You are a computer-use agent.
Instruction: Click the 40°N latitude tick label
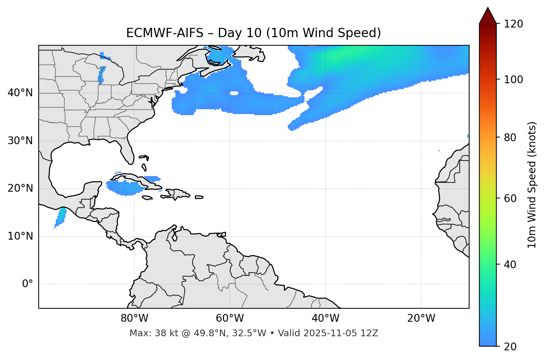pos(20,93)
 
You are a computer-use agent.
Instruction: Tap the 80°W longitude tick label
pos(134,318)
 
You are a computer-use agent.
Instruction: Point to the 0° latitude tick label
pos(28,284)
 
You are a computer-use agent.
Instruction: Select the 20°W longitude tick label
pos(421,318)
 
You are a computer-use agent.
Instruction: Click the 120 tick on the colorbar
pos(513,24)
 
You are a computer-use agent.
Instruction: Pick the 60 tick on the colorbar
pos(512,198)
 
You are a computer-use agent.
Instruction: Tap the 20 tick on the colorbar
pos(512,347)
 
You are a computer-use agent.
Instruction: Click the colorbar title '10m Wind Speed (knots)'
pos(532,185)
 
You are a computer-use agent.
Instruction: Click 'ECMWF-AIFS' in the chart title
pos(165,33)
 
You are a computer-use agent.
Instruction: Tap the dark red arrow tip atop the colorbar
pos(488,15)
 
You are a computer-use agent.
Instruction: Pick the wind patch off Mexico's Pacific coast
pos(61,217)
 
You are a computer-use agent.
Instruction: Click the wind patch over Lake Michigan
pos(101,74)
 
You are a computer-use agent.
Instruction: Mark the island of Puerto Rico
pos(199,197)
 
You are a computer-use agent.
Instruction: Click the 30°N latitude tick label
pos(20,141)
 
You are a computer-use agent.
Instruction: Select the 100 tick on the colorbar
pos(513,80)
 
